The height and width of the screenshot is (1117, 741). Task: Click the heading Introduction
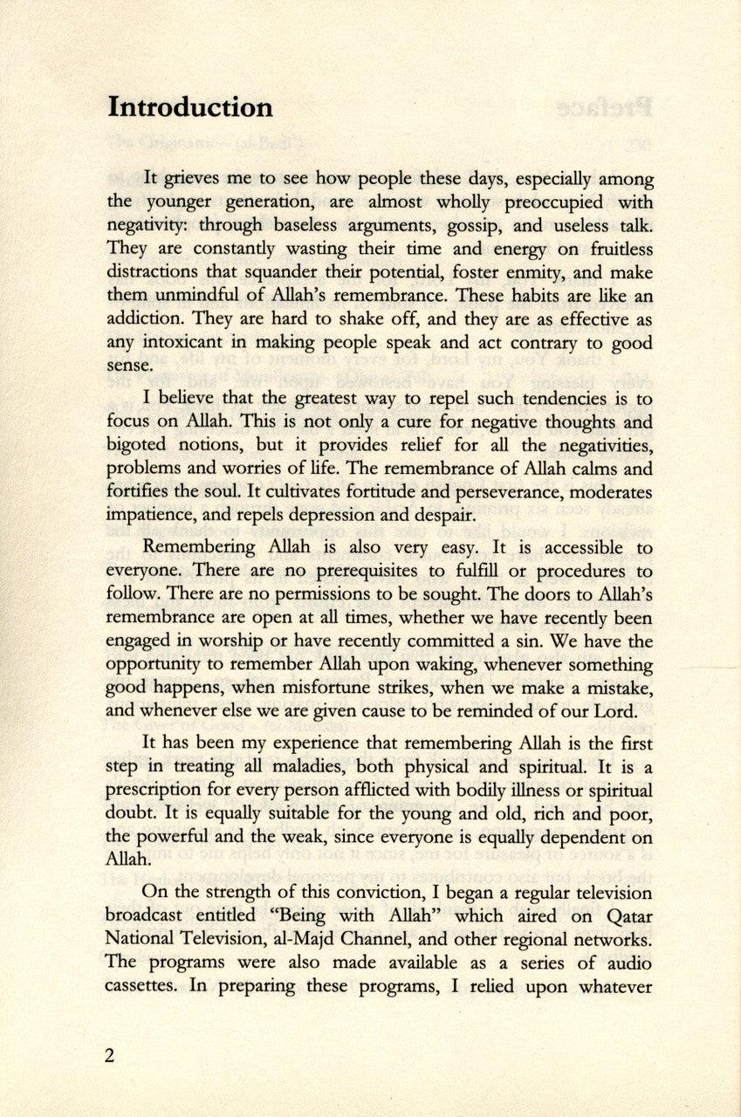[x=189, y=107]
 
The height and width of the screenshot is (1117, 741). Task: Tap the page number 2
[x=109, y=1055]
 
